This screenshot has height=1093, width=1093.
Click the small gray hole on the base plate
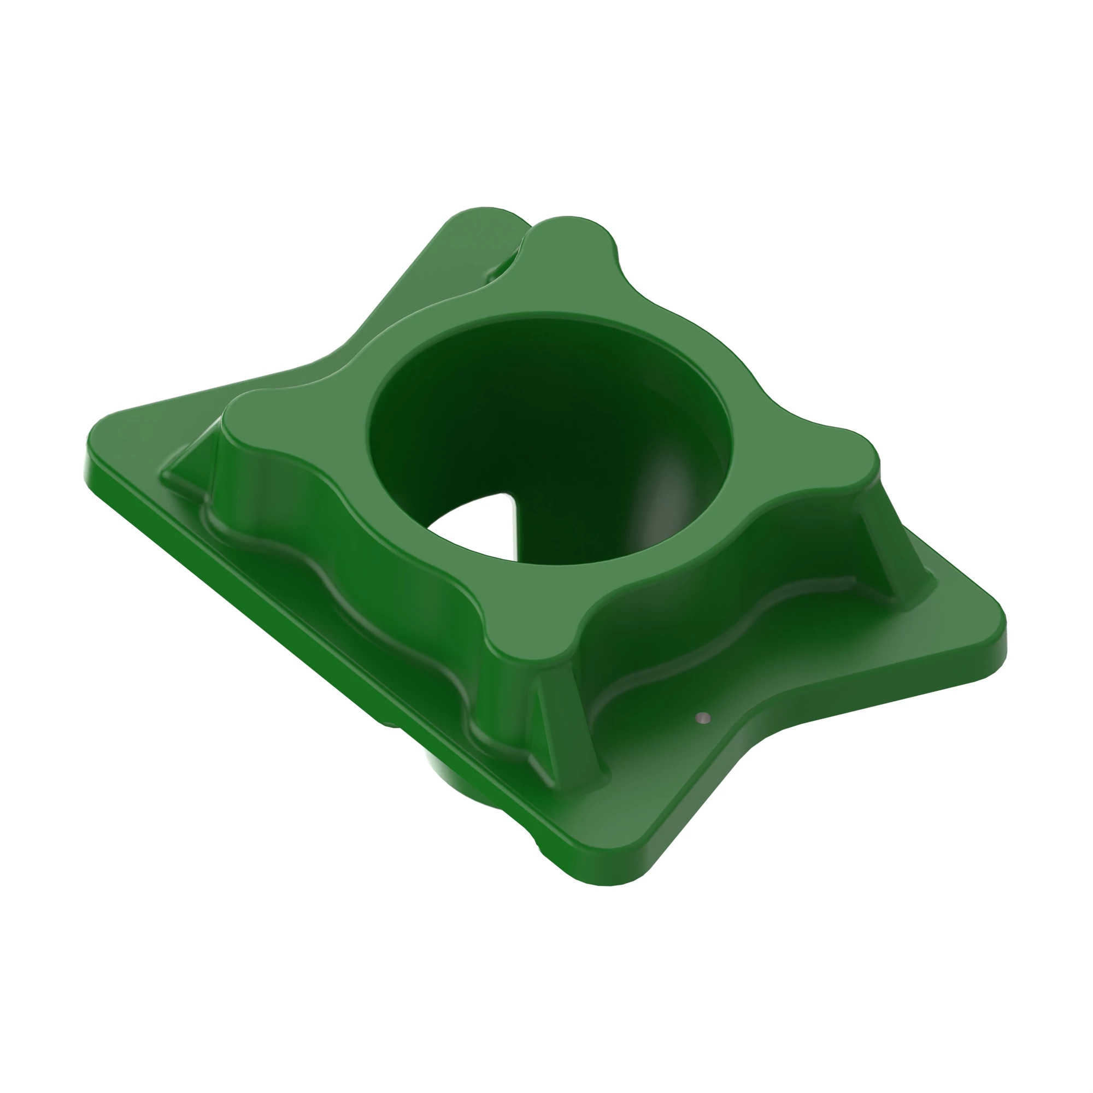coord(703,719)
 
